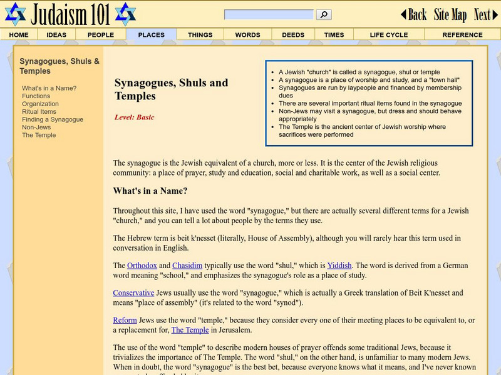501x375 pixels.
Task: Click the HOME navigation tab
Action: click(x=19, y=35)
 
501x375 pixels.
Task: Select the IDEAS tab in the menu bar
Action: click(x=56, y=35)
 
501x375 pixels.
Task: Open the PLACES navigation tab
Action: click(x=151, y=35)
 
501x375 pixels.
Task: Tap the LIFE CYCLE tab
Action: click(x=388, y=35)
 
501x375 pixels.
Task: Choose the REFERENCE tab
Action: click(x=462, y=35)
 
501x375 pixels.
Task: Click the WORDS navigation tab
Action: click(x=247, y=35)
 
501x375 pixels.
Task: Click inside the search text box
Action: click(x=269, y=14)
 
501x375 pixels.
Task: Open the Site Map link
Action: click(x=450, y=14)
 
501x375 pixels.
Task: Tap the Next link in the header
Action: click(x=485, y=14)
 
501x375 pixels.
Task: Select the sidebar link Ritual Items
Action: click(x=39, y=112)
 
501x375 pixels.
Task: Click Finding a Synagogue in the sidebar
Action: click(x=52, y=119)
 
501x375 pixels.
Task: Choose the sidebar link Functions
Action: click(x=36, y=96)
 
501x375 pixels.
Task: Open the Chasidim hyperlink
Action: click(x=187, y=265)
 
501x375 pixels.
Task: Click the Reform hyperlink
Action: click(x=125, y=320)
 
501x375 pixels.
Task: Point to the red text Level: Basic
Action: click(x=134, y=117)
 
